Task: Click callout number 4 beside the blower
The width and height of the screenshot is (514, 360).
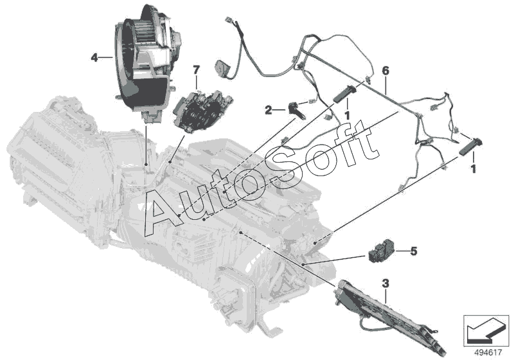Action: point(94,57)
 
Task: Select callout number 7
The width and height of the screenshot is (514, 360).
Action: point(196,67)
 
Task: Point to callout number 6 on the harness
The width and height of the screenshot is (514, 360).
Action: point(385,69)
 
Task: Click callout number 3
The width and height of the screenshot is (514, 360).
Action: point(385,283)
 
